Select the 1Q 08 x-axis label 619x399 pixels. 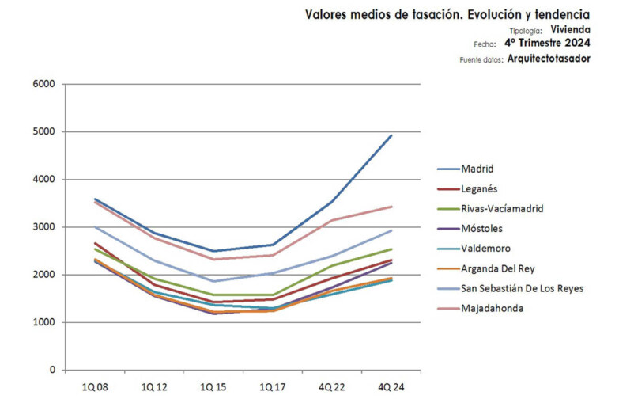(95, 387)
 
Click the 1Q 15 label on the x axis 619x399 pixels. (213, 387)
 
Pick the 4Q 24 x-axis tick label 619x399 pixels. (391, 387)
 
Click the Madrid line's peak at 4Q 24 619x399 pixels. (391, 135)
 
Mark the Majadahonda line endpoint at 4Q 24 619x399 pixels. (391, 207)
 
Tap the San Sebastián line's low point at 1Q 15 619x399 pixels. (213, 281)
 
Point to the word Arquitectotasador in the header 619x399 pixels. (549, 59)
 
